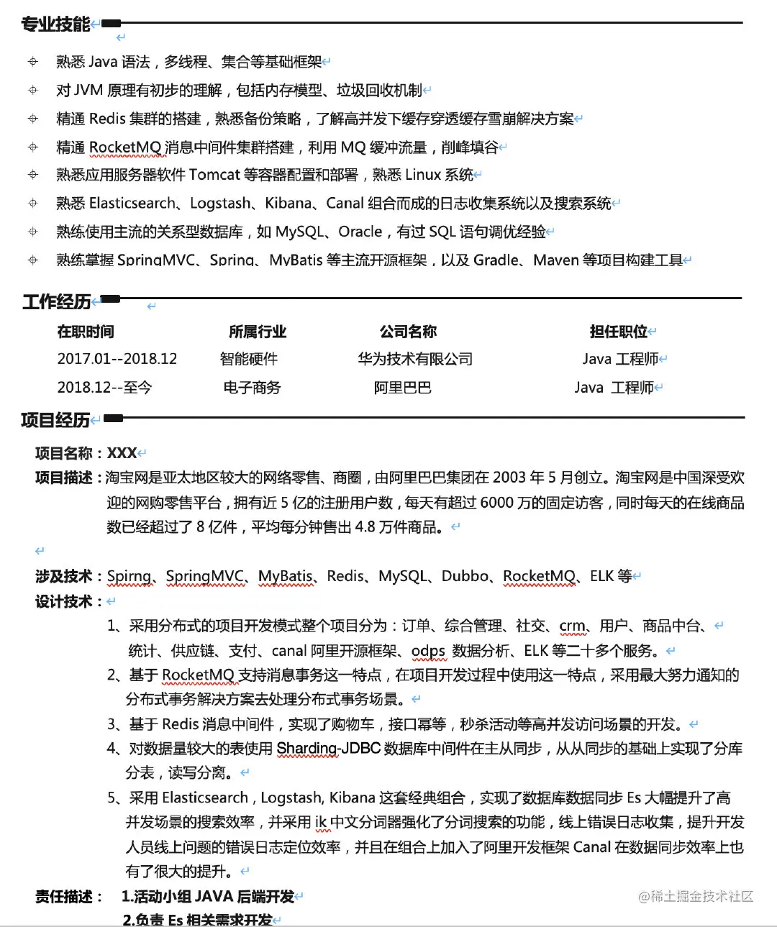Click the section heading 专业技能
pos(55,24)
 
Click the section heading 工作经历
pos(56,301)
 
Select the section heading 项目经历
pos(55,420)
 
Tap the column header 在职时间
pos(86,332)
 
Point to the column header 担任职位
pos(618,332)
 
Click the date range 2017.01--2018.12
pos(117,359)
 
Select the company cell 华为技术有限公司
pos(415,359)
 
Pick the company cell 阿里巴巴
pos(402,388)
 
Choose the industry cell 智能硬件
pos(249,359)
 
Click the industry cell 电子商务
pos(252,388)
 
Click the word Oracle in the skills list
pos(360,232)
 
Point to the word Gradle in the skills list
pos(496,260)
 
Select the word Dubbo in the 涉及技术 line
pos(465,576)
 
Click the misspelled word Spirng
pos(129,576)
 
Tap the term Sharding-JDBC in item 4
pos(329,749)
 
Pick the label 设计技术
pos(65,601)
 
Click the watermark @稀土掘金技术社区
pos(696,896)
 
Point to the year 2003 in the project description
pos(509,478)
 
